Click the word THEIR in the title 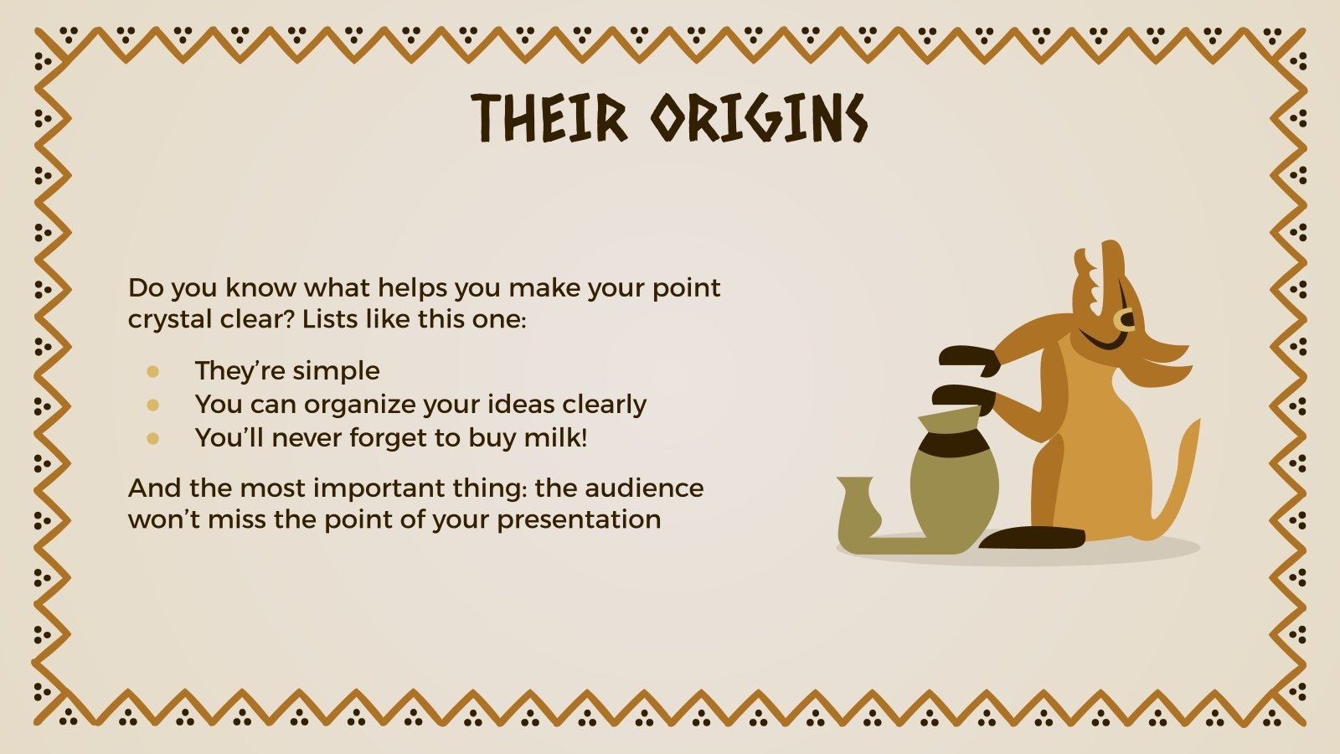click(549, 118)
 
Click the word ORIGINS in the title click(759, 118)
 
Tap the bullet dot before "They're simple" click(152, 372)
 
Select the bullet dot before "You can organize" click(152, 405)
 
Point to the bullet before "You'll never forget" click(152, 439)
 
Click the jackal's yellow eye click(1123, 319)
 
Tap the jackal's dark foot click(1032, 538)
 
